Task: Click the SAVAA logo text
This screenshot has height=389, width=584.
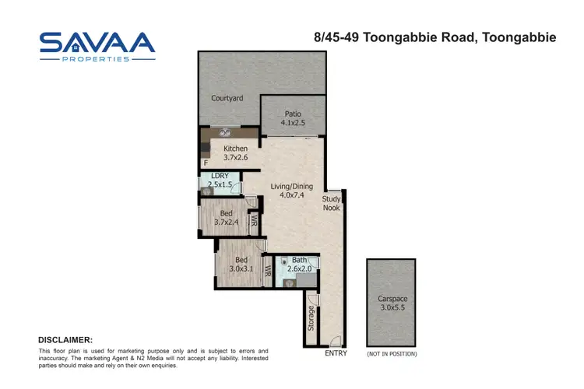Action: [x=97, y=43]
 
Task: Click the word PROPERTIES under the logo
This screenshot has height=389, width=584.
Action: [x=97, y=59]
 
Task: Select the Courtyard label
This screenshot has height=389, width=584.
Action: [x=227, y=99]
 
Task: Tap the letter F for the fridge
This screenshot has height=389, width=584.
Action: [x=206, y=163]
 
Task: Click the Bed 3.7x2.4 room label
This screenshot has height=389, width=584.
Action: [x=226, y=219]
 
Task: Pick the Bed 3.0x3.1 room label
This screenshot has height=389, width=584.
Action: [x=241, y=264]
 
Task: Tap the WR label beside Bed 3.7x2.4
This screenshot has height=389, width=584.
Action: [x=254, y=222]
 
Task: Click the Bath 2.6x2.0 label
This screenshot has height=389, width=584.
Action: [x=300, y=265]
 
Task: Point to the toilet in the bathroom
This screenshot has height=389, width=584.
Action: [x=285, y=262]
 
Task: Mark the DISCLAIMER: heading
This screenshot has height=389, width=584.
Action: [x=65, y=340]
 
